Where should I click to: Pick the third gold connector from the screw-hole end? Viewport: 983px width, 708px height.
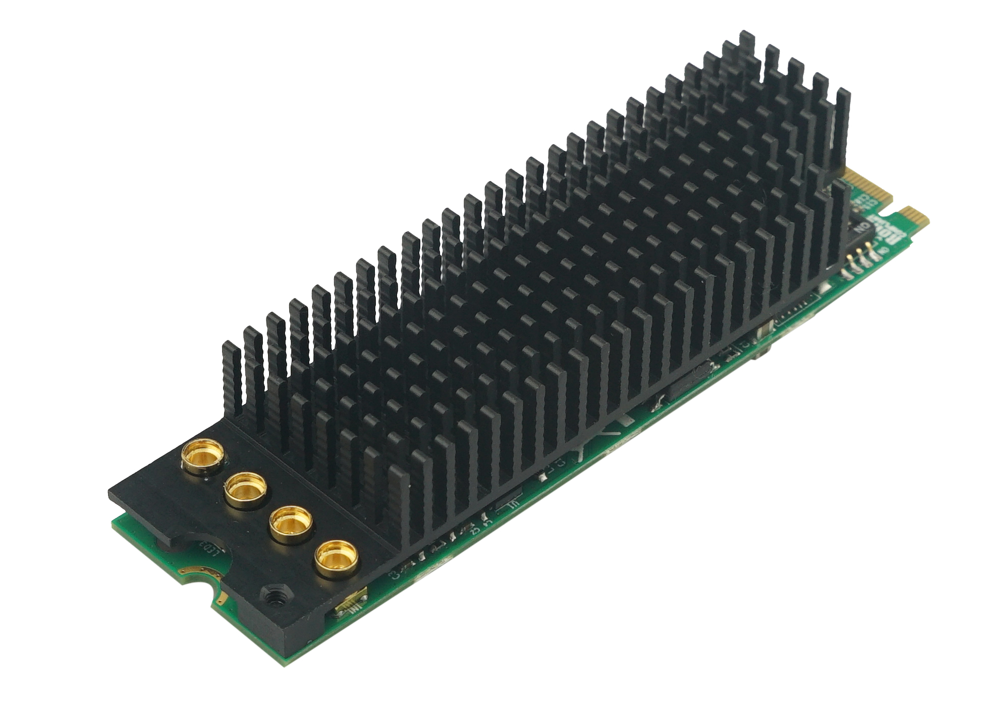click(x=247, y=489)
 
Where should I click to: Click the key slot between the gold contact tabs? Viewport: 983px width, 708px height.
click(x=888, y=202)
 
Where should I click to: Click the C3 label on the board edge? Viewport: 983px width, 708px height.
click(x=397, y=574)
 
